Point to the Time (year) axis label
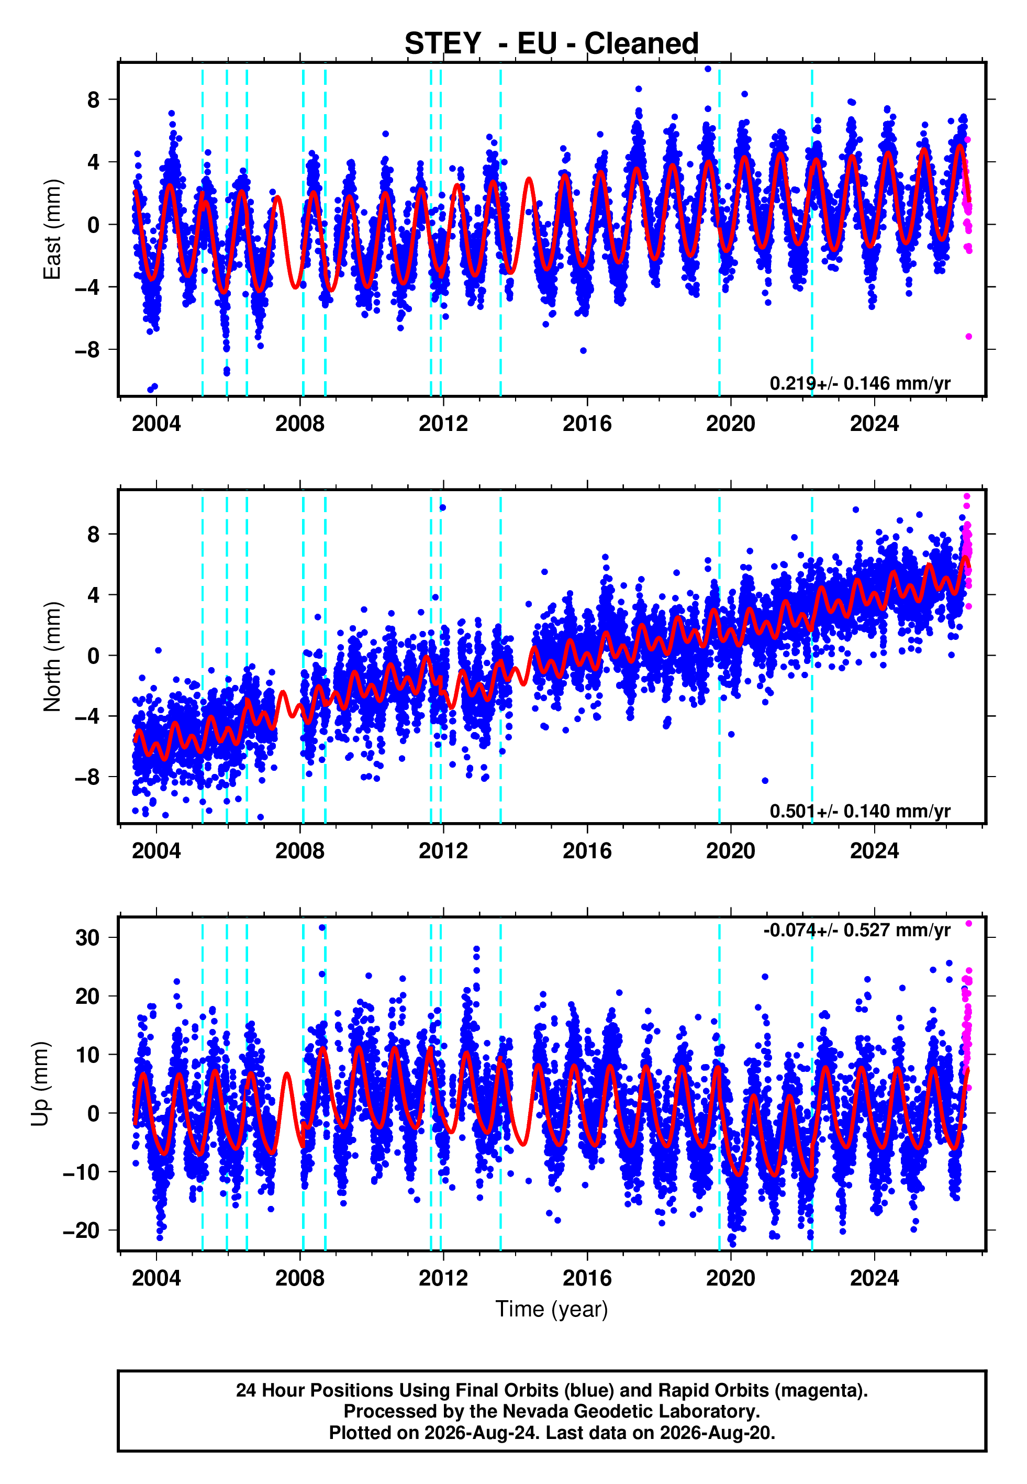552,1310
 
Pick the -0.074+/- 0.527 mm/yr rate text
856,930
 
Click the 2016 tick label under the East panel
587,424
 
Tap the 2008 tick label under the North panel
300,851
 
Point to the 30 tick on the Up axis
87,938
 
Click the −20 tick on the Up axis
81,1231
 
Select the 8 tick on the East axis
94,99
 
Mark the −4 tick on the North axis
87,716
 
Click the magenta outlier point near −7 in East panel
968,337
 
